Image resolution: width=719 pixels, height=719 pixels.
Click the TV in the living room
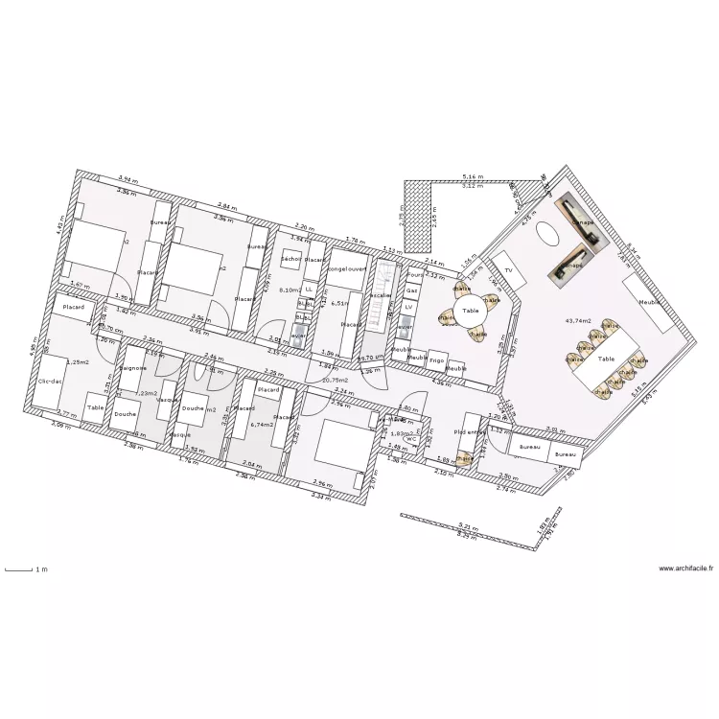click(507, 271)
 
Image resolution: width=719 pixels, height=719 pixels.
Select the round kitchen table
click(470, 312)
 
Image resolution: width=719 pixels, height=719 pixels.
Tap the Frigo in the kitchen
click(437, 361)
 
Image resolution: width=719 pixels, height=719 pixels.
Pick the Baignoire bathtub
click(133, 368)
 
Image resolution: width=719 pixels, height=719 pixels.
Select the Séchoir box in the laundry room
click(291, 260)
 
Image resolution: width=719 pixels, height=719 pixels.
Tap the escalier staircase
click(380, 297)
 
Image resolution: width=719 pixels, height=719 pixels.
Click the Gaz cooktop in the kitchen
click(412, 290)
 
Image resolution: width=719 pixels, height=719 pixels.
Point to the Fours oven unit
click(414, 275)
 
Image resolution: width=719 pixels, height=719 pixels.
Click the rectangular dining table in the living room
click(606, 359)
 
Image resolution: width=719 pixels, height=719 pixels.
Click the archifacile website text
click(686, 568)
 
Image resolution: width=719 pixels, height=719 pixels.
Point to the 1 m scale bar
click(21, 570)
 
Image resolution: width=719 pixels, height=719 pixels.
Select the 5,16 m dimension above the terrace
click(471, 177)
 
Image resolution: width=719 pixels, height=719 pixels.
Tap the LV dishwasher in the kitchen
click(408, 307)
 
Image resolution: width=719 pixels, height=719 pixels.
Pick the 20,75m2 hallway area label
click(335, 381)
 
